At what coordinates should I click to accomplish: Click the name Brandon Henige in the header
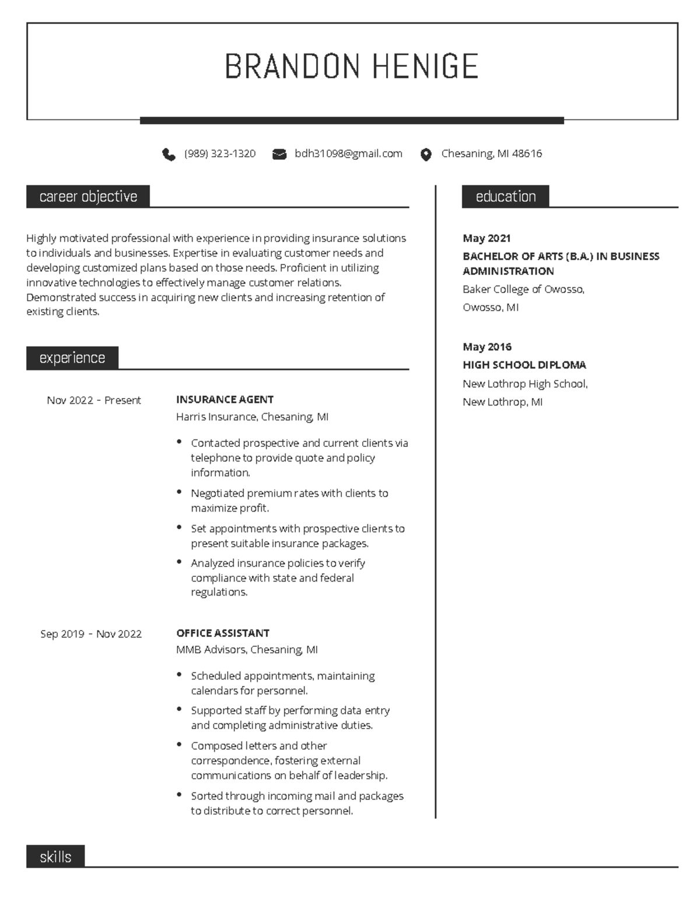351,66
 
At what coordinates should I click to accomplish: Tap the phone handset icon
169,154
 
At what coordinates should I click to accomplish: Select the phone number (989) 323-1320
219,154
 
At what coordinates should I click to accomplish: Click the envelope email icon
279,154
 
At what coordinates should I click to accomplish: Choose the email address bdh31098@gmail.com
348,154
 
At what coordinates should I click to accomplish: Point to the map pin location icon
426,154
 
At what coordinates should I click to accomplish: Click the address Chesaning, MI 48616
491,154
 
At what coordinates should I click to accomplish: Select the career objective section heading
88,196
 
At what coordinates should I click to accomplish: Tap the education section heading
505,196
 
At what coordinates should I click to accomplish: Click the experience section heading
72,358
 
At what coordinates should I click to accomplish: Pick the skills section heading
55,857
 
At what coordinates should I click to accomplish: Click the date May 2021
487,238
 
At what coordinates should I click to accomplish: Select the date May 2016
487,347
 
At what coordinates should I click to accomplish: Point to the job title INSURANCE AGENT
225,400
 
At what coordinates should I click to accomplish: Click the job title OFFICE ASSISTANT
222,633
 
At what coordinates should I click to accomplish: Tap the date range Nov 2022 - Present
94,400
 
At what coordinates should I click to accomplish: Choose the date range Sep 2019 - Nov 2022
91,634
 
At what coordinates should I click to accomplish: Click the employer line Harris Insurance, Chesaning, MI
252,417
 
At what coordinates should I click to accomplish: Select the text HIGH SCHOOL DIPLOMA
524,365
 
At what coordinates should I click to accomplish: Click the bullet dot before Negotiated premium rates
179,492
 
